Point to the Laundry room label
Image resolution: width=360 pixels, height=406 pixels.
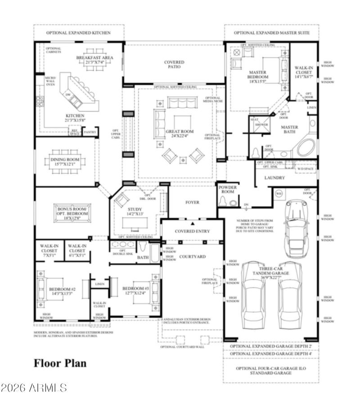coord(274,178)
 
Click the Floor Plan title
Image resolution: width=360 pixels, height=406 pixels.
coord(60,363)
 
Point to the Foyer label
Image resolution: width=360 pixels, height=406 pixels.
coord(192,203)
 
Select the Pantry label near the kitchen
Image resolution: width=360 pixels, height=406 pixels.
coord(90,132)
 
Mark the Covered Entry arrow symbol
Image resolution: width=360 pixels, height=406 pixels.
coord(193,223)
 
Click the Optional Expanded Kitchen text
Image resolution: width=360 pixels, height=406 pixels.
coord(78,33)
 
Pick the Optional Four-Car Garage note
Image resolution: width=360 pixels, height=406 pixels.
coord(271,370)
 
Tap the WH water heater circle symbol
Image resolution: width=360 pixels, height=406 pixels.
coord(279,194)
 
